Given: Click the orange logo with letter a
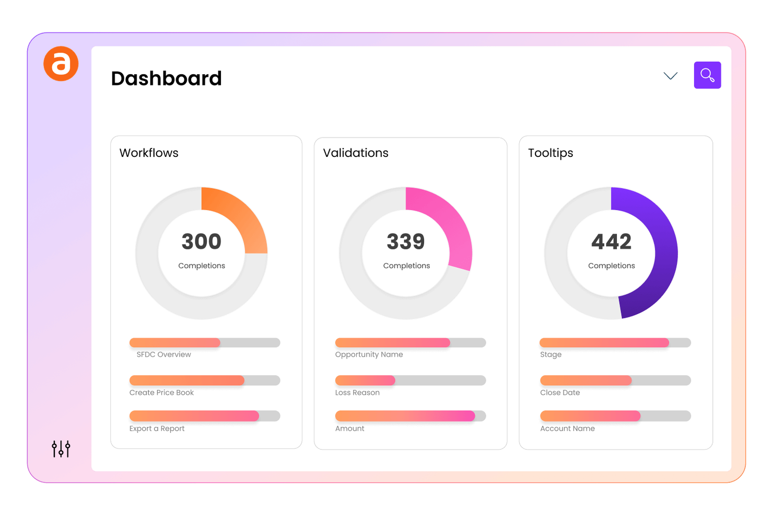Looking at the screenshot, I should (x=61, y=64).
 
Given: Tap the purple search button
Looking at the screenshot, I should (x=707, y=75).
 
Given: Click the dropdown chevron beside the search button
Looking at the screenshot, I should (x=670, y=76).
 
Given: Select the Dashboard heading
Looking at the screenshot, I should (x=166, y=78).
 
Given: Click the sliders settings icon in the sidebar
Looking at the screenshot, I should (x=61, y=449).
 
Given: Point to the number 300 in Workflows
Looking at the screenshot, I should (x=202, y=242).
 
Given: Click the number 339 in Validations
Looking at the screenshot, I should (x=406, y=242).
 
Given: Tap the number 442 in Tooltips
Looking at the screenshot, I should (x=611, y=242).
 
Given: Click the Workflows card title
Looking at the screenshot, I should (x=149, y=153).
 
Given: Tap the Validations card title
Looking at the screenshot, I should (x=356, y=153).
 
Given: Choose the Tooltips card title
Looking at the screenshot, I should (x=551, y=153).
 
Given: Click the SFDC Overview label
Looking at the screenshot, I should (x=163, y=354).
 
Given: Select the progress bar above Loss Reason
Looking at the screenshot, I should (x=411, y=381).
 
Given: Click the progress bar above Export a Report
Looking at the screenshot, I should (x=205, y=416).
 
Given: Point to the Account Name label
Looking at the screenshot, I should (x=567, y=429).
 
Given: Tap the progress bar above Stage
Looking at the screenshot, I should (x=615, y=343).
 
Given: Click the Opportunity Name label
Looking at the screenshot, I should (x=369, y=354).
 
